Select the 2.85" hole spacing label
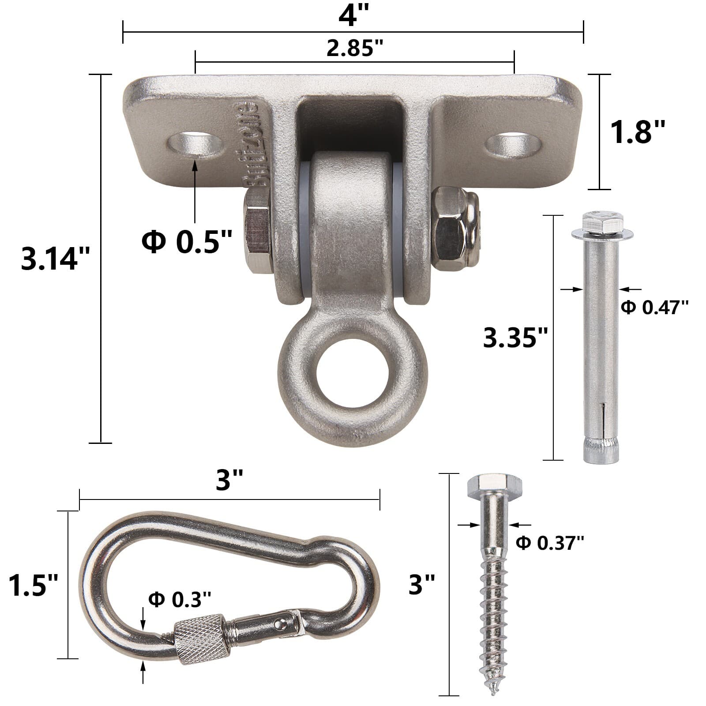coord(355,48)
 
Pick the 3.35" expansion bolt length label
coord(515,338)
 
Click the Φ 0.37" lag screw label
coord(550,542)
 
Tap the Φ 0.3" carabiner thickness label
coord(180,599)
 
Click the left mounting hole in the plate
coord(195,143)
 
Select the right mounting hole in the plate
coord(513,143)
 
